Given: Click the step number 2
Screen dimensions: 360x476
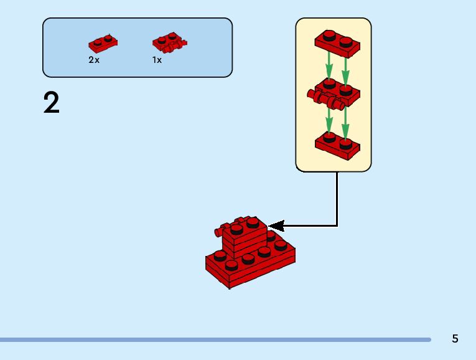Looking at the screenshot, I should (52, 103).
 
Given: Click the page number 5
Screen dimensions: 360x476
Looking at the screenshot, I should (455, 339).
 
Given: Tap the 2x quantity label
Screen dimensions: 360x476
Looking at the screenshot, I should (94, 60).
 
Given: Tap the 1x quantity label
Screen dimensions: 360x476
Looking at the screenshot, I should (157, 60).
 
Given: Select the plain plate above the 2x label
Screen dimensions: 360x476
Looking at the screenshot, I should (103, 44).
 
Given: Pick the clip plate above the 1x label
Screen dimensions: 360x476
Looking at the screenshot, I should (169, 42).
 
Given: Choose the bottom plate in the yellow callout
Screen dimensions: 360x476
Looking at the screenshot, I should (337, 144).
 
